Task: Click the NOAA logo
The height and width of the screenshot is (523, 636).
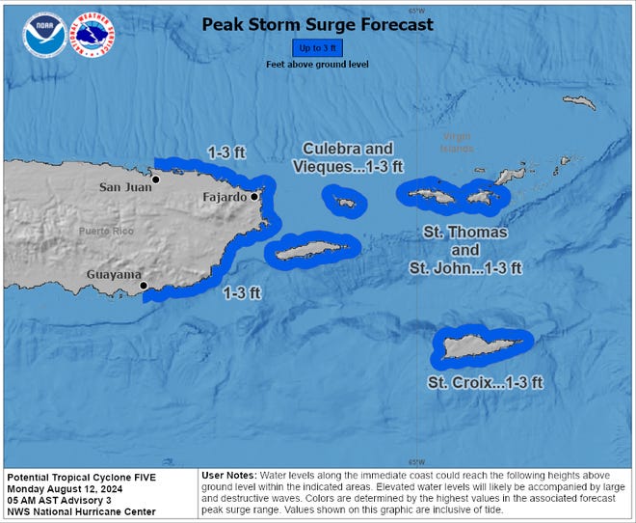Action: tap(45, 36)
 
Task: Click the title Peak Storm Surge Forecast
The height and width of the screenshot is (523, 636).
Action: tap(317, 24)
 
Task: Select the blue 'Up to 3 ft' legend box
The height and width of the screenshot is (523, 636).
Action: tap(317, 47)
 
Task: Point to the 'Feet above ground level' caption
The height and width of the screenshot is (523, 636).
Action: tap(317, 64)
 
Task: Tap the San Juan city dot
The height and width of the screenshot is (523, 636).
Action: tap(154, 179)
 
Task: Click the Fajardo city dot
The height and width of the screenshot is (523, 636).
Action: tap(254, 197)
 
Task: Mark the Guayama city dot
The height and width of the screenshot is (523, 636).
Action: tap(143, 286)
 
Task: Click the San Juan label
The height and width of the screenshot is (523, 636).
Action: tap(125, 187)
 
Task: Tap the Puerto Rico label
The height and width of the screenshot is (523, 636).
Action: tap(107, 231)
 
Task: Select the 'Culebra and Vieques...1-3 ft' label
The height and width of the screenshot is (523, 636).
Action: tap(347, 157)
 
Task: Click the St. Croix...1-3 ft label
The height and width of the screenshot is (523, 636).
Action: tap(485, 383)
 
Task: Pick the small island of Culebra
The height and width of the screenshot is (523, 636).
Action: tap(344, 201)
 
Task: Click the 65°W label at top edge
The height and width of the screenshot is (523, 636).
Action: tap(416, 10)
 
